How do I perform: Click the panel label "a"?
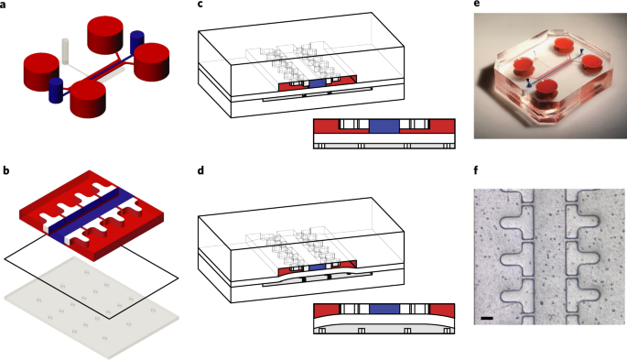click(x=3, y=5)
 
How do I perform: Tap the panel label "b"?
click(x=6, y=170)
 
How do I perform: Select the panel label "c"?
click(x=200, y=5)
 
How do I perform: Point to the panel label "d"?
click(x=200, y=170)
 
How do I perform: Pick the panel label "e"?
click(x=476, y=5)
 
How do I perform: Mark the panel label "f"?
click(x=476, y=170)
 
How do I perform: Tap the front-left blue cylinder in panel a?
click(x=56, y=91)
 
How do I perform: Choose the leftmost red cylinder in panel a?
click(x=41, y=72)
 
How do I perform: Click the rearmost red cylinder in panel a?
click(x=105, y=35)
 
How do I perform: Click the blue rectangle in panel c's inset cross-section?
click(x=384, y=125)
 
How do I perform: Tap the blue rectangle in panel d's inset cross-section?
click(x=384, y=309)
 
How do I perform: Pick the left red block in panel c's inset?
click(x=326, y=126)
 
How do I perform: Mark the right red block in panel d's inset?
click(x=442, y=311)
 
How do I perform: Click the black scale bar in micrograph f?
click(x=487, y=319)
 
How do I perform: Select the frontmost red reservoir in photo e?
click(x=546, y=89)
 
